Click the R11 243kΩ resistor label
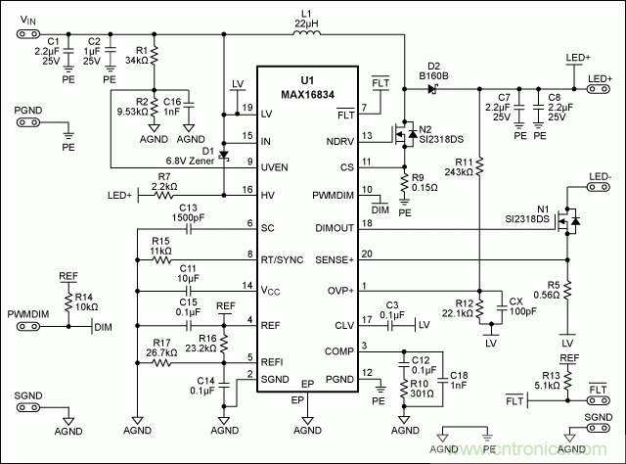[458, 166]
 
